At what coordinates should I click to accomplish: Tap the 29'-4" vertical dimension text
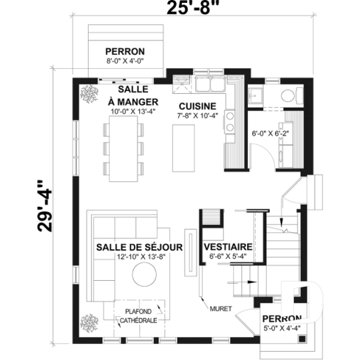(45, 205)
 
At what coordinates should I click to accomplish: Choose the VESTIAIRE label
(229, 246)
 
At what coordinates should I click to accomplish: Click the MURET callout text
(221, 307)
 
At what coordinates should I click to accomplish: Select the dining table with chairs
(123, 149)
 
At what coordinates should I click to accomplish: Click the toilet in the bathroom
(287, 95)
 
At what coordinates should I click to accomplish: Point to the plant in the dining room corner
(90, 92)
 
